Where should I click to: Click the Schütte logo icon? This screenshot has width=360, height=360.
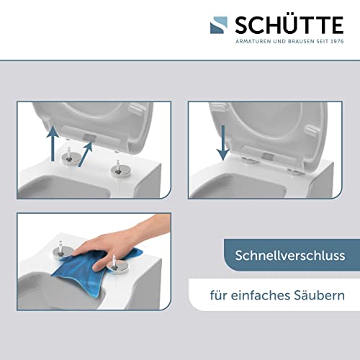click(x=219, y=25)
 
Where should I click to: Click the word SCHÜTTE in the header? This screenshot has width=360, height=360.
click(x=289, y=25)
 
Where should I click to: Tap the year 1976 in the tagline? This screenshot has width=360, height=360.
click(x=337, y=41)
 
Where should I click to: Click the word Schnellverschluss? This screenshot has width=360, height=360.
click(x=290, y=256)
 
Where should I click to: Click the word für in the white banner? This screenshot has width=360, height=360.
click(x=218, y=295)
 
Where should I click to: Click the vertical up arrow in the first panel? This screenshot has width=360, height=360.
click(x=53, y=143)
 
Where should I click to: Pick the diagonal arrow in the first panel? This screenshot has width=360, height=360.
click(x=86, y=154)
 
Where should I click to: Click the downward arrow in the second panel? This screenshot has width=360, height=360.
click(x=223, y=143)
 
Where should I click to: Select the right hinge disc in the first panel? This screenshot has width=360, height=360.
click(x=121, y=171)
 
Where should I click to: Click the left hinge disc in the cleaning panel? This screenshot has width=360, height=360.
click(x=63, y=253)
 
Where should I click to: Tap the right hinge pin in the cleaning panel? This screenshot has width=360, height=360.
click(x=114, y=261)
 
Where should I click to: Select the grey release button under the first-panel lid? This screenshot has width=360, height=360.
click(x=89, y=138)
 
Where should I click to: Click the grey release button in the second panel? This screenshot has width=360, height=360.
click(x=268, y=156)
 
